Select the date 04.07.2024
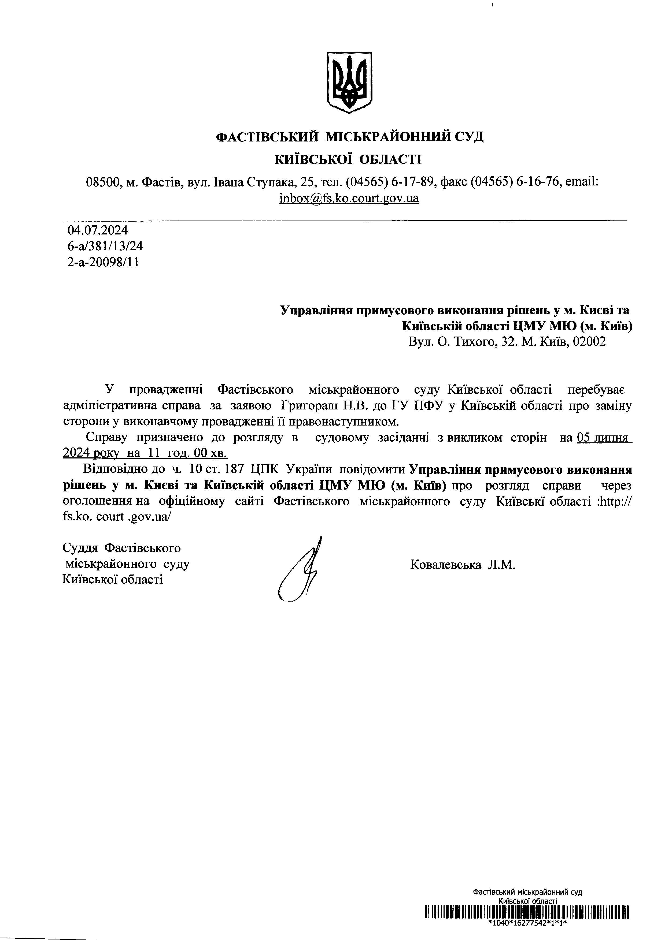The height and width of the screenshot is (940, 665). [98, 230]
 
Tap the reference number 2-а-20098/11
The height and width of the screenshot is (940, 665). [103, 262]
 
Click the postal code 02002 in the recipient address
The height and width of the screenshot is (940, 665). [589, 342]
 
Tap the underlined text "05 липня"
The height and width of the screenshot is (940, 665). [602, 438]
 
